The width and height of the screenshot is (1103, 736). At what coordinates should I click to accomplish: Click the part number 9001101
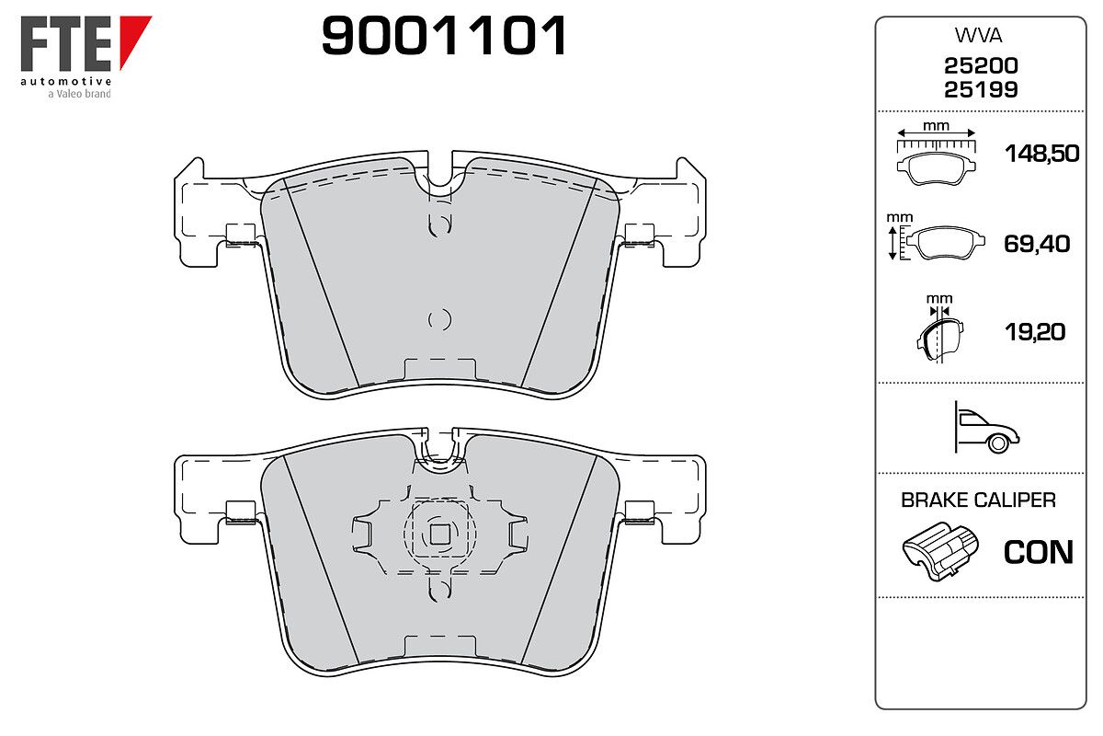(x=444, y=35)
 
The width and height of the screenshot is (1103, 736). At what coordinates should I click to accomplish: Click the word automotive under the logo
(x=66, y=81)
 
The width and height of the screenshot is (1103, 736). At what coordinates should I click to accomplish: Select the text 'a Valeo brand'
(x=79, y=94)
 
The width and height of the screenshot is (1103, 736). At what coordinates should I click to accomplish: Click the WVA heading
(x=978, y=36)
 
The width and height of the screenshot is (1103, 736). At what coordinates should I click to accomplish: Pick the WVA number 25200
(x=981, y=65)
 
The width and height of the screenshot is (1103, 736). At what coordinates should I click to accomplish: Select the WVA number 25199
(x=981, y=90)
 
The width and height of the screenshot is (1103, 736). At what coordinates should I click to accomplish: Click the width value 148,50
(x=1042, y=154)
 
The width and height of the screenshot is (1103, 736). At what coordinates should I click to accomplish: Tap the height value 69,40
(x=1037, y=244)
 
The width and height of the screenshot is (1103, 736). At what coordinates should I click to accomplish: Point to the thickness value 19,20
(x=1035, y=332)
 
